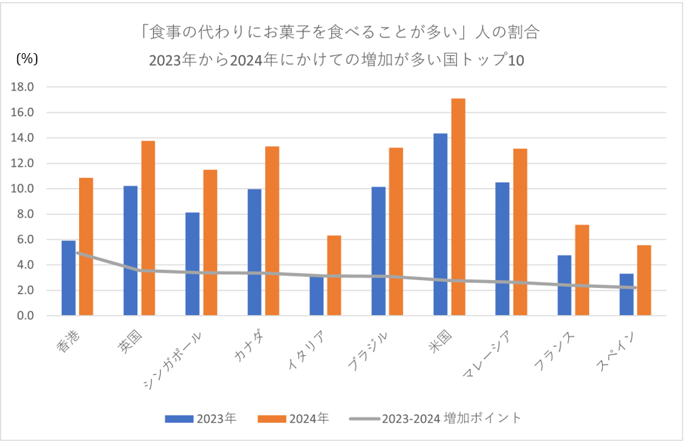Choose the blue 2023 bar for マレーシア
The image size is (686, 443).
(x=502, y=248)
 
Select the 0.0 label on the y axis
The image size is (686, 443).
(x=28, y=316)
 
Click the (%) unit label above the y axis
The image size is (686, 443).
(x=27, y=60)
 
